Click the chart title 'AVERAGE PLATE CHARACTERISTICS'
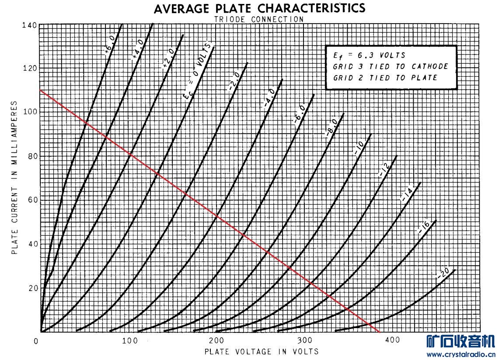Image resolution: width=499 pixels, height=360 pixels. click(259, 8)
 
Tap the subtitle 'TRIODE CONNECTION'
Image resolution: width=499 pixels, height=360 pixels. click(259, 19)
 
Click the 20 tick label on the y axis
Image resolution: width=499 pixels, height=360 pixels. click(31, 288)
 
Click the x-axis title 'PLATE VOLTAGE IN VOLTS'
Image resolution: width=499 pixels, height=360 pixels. click(261, 351)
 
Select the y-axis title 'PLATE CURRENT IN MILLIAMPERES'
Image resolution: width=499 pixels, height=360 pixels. click(14, 178)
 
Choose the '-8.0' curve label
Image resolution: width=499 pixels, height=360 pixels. click(331, 127)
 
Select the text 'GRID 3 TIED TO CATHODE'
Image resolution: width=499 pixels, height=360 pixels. click(391, 67)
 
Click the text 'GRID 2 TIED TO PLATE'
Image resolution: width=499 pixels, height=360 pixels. click(385, 78)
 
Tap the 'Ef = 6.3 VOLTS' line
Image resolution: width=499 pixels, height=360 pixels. click(369, 55)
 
